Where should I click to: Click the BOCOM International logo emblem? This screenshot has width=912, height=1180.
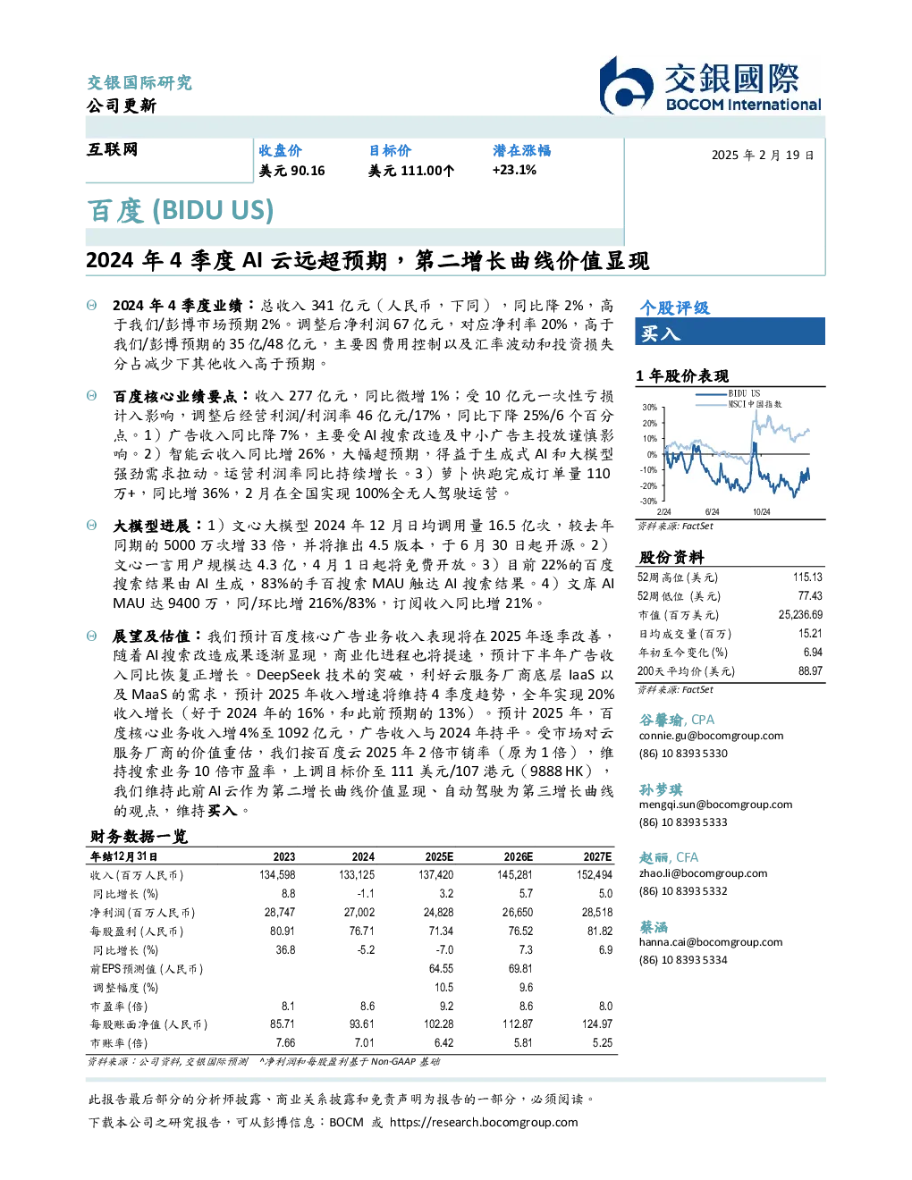(x=626, y=86)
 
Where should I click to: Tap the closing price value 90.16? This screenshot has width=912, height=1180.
(x=308, y=171)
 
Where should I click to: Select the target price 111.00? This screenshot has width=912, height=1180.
(x=421, y=171)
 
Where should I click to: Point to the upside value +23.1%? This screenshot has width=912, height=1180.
(x=514, y=170)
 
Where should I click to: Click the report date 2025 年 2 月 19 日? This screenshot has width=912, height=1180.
(x=763, y=156)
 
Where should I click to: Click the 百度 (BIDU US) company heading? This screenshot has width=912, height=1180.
(x=181, y=210)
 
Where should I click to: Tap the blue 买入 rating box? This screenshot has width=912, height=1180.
(x=730, y=332)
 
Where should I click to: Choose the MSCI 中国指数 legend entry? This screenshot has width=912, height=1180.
(x=739, y=404)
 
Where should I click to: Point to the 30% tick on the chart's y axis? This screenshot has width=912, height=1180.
(x=650, y=408)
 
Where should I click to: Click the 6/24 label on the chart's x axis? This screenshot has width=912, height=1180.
(x=712, y=511)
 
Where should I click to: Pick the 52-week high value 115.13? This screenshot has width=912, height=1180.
(x=807, y=577)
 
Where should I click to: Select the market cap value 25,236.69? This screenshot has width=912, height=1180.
(x=800, y=615)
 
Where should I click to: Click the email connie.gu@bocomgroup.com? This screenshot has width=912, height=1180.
(x=711, y=735)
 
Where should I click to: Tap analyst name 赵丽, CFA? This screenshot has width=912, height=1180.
(x=668, y=857)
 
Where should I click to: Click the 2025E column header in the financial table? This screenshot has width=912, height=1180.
(x=439, y=856)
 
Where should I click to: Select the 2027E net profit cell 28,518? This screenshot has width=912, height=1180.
(x=597, y=913)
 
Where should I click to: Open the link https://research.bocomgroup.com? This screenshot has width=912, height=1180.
(x=484, y=1122)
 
